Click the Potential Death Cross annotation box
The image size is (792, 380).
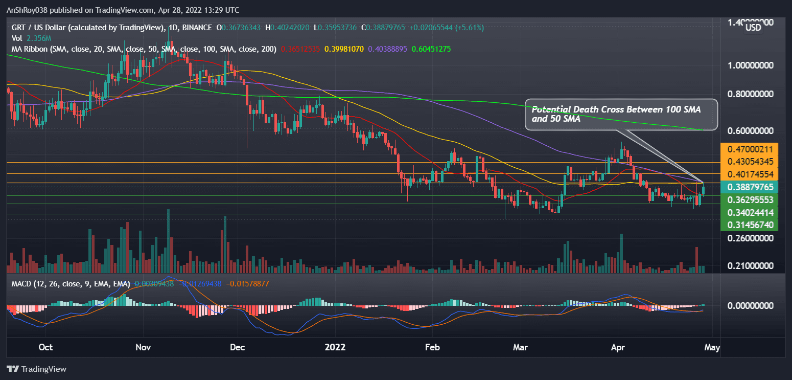(x=621, y=114)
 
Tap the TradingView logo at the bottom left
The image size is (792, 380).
(x=36, y=369)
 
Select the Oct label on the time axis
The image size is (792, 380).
(x=45, y=348)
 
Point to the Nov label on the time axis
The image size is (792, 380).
(x=143, y=348)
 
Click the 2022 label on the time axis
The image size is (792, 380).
(x=335, y=348)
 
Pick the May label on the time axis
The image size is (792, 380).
(x=712, y=348)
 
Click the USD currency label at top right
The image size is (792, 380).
(x=753, y=28)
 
